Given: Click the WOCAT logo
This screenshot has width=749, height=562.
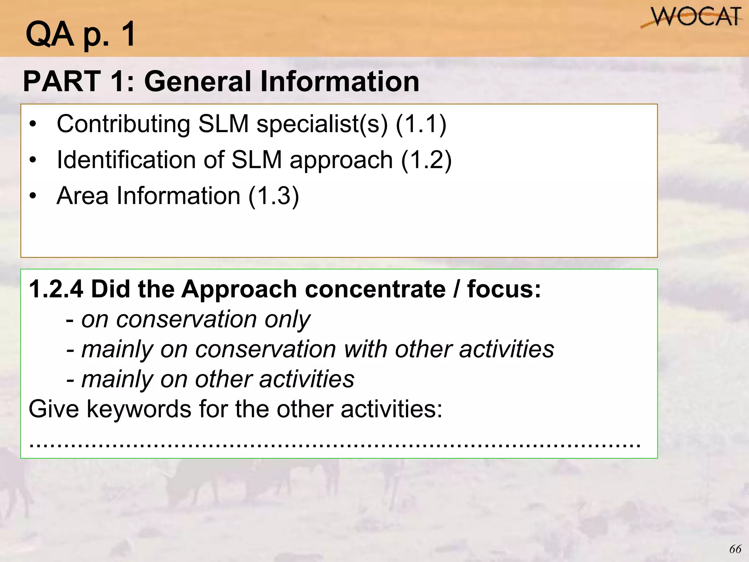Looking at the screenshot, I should click(x=692, y=18).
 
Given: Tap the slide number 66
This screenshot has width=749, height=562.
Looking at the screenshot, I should click(x=735, y=549).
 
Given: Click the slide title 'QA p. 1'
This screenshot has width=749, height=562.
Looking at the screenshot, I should click(x=80, y=34).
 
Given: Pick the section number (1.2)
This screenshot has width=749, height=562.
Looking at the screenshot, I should click(x=426, y=160).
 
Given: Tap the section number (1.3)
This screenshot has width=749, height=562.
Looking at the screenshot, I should click(x=274, y=196).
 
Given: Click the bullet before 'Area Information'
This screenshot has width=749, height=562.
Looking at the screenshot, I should click(x=33, y=196).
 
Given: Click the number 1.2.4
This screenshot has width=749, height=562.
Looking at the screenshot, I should click(x=56, y=289).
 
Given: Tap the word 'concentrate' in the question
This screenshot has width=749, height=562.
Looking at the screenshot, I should click(x=375, y=289).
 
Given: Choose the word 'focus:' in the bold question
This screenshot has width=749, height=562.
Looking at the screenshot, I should click(x=504, y=289).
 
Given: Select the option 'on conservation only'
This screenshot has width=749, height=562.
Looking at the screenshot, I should click(x=195, y=319).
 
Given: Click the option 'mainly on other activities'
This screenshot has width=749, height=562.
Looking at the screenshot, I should click(x=217, y=379).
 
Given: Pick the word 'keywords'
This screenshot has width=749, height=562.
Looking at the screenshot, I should click(x=139, y=409).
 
